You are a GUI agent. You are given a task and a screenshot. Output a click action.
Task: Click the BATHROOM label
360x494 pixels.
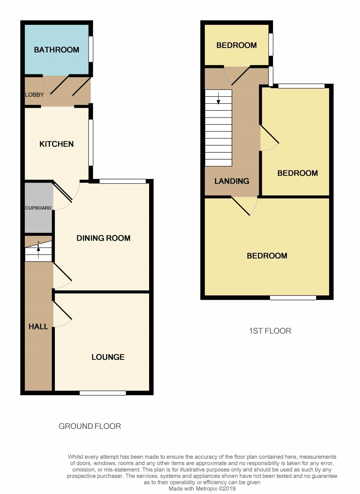click(56, 50)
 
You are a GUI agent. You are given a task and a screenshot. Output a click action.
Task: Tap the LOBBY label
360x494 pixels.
click(35, 95)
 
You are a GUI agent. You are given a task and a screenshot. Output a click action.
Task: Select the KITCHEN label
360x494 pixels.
click(56, 144)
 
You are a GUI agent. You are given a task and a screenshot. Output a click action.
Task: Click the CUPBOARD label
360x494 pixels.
click(38, 208)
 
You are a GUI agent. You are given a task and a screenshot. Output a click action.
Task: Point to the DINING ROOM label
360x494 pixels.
click(103, 238)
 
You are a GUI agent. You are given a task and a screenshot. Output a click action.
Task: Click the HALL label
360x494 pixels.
click(38, 326)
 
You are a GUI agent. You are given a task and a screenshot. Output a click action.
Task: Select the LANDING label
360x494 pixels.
click(232, 181)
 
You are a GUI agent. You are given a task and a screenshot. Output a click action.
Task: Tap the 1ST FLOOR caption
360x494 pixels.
click(270, 331)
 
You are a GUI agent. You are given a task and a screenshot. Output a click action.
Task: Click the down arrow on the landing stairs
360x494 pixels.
click(218, 98)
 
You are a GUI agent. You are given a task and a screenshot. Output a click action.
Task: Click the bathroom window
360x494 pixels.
click(91, 49)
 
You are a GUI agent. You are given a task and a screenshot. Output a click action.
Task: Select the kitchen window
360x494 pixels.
click(91, 142)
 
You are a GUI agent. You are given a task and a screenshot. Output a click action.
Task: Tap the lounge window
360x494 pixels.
click(103, 393)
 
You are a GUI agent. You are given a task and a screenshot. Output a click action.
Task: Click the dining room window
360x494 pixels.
click(123, 181)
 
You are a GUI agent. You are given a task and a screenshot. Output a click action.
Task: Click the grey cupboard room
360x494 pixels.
click(38, 207)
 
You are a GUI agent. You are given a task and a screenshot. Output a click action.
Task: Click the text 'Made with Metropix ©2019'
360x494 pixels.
click(202, 489)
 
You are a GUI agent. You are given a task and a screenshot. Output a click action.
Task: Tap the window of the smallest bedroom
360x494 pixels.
click(271, 45)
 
